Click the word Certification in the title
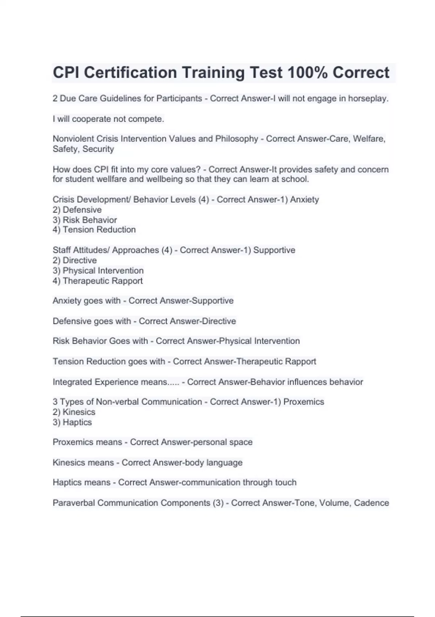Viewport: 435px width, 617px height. coord(131,73)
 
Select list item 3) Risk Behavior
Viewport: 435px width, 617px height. coord(85,220)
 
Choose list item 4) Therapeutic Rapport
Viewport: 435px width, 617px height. coord(98,281)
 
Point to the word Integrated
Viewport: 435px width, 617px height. coord(72,382)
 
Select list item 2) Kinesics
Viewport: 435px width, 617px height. coord(74,412)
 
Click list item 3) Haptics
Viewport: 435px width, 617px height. coord(72,422)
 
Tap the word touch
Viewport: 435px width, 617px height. coord(286,482)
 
